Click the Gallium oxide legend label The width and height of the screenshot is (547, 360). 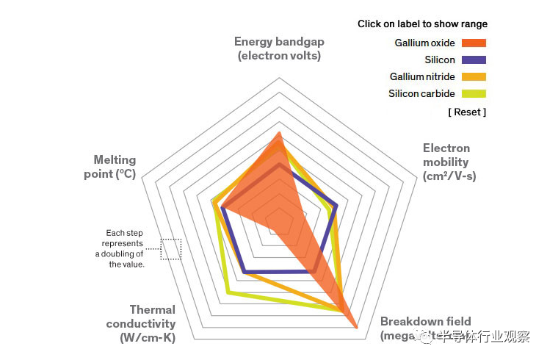[424, 43]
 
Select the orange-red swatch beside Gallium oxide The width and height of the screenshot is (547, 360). [474, 43]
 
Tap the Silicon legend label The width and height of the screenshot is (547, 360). [440, 60]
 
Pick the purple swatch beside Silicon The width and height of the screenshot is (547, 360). [474, 60]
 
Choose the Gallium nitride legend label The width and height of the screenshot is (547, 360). [422, 77]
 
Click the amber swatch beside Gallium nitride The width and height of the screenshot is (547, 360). [474, 77]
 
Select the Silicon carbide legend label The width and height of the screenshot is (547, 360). [421, 94]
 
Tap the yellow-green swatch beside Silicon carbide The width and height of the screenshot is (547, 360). [474, 94]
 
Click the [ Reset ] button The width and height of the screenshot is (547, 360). [467, 112]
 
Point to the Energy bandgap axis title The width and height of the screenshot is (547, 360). [279, 48]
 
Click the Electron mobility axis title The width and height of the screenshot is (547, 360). [449, 162]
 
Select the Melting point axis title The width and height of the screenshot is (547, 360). [115, 167]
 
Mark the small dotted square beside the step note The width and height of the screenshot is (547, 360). [171, 249]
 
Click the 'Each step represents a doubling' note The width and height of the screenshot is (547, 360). [123, 248]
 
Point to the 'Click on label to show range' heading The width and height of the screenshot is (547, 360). [422, 24]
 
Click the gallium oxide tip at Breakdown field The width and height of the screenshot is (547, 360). [357, 328]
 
